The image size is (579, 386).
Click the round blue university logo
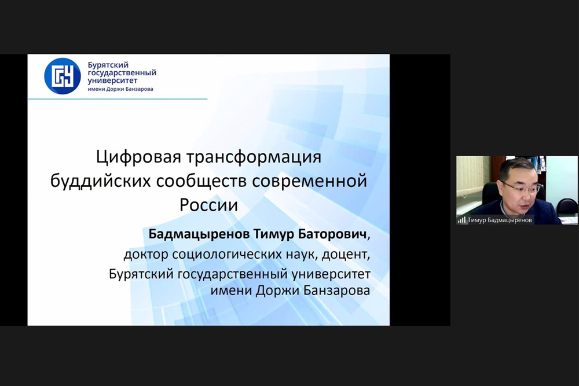click(x=63, y=76)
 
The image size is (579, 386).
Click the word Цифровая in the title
click(x=139, y=157)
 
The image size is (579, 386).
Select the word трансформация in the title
click(x=254, y=157)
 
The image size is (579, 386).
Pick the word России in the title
click(x=208, y=205)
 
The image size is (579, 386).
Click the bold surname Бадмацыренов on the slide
click(x=199, y=234)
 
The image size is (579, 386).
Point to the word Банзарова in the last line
click(x=336, y=290)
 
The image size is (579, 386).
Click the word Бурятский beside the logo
click(x=108, y=65)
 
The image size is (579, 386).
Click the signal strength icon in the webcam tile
click(x=461, y=220)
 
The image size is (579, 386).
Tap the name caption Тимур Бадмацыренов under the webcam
click(x=500, y=220)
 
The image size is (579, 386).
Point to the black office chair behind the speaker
click(x=491, y=196)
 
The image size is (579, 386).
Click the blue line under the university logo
click(x=118, y=99)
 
